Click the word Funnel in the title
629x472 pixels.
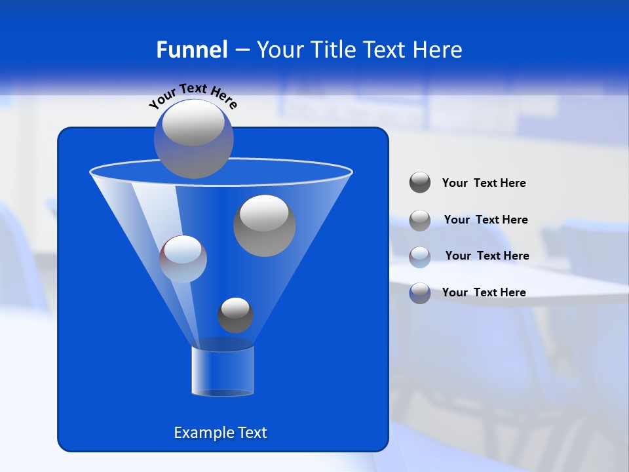click(x=191, y=50)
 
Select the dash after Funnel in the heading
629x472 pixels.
click(x=242, y=50)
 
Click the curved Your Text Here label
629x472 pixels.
click(x=193, y=94)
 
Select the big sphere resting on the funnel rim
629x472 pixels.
click(x=193, y=138)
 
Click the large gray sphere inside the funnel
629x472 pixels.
click(x=264, y=225)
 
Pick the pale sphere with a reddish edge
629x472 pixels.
click(x=183, y=259)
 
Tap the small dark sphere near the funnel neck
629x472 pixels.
click(x=235, y=315)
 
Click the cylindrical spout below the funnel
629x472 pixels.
click(x=222, y=371)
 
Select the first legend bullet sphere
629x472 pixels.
click(x=420, y=182)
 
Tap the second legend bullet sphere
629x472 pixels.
click(x=420, y=220)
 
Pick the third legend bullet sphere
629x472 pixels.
click(x=420, y=256)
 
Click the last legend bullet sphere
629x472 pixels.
click(x=420, y=292)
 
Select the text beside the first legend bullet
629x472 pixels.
click(x=484, y=184)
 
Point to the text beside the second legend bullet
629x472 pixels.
click(x=486, y=220)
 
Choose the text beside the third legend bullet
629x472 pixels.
click(x=487, y=256)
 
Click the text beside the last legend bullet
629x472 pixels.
click(x=484, y=292)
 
